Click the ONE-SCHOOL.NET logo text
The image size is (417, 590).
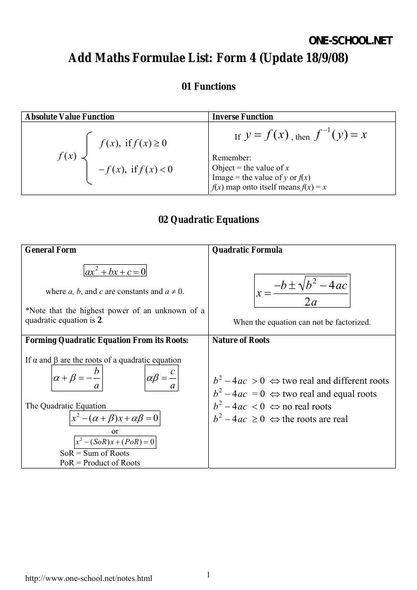(x=350, y=41)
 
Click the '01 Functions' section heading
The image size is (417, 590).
(x=208, y=87)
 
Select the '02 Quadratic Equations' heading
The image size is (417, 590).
(x=208, y=220)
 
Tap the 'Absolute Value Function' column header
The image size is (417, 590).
(x=70, y=117)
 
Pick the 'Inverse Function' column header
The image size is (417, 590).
(x=243, y=117)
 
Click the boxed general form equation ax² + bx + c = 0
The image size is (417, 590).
(x=115, y=271)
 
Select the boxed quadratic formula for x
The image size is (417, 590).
(x=302, y=291)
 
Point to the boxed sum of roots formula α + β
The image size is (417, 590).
(x=77, y=378)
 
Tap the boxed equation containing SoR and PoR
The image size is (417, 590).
(x=115, y=442)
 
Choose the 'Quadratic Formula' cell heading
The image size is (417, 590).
(x=247, y=250)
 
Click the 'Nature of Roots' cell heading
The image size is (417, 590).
(x=241, y=340)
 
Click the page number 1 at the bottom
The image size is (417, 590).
(x=208, y=575)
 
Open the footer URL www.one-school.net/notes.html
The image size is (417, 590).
(x=89, y=578)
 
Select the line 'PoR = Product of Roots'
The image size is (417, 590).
(x=100, y=462)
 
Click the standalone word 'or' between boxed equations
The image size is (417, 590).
(x=115, y=431)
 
